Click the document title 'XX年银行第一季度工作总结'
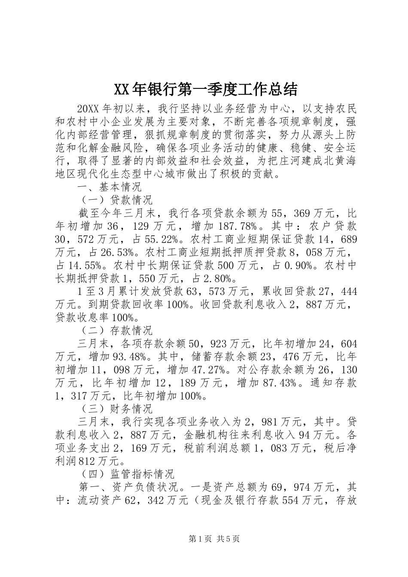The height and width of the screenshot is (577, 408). (x=205, y=89)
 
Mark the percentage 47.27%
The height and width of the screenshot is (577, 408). (x=206, y=370)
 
